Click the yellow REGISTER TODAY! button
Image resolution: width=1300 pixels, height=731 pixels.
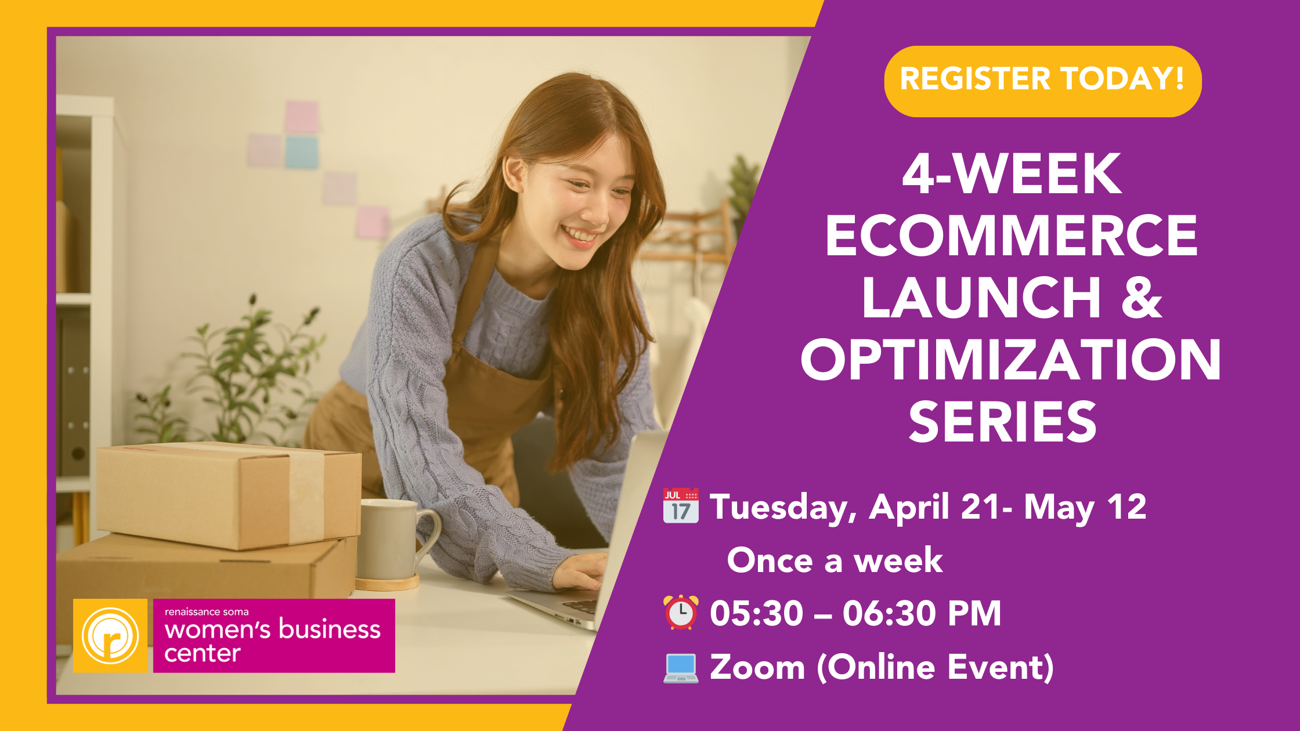pyautogui.click(x=1042, y=81)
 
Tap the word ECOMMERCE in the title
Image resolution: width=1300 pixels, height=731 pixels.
pyautogui.click(x=1011, y=235)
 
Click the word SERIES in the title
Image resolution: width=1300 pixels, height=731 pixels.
pyautogui.click(x=1003, y=422)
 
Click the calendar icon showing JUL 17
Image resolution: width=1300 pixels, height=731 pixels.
pyautogui.click(x=681, y=505)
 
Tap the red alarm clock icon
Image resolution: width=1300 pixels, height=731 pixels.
pyautogui.click(x=681, y=613)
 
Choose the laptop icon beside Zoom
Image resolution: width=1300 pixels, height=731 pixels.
pyautogui.click(x=681, y=668)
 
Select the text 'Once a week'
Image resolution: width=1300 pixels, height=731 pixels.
pyautogui.click(x=835, y=560)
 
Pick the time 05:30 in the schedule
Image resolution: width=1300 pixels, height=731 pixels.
pyautogui.click(x=756, y=614)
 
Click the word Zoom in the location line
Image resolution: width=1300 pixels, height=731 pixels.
pyautogui.click(x=757, y=667)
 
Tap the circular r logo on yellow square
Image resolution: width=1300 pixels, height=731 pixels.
pyautogui.click(x=110, y=636)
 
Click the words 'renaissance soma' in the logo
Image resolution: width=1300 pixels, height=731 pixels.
pyautogui.click(x=207, y=612)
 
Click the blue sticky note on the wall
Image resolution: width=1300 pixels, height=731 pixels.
pyautogui.click(x=301, y=151)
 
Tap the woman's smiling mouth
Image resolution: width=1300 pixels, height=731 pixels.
pyautogui.click(x=579, y=236)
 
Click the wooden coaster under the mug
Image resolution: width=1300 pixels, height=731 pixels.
pyautogui.click(x=388, y=582)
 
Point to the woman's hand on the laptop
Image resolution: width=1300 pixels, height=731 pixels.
pyautogui.click(x=580, y=571)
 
